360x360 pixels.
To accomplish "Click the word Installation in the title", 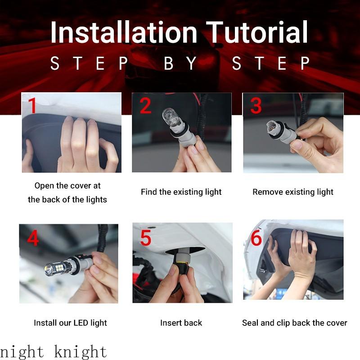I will tap(124, 32).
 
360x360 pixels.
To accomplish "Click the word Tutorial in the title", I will tap(257, 32).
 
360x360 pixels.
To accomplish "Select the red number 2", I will tap(145, 106).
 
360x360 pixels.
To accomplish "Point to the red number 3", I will tap(256, 106).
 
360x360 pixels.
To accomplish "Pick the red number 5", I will tap(145, 238).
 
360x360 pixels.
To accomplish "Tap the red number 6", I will tap(256, 238).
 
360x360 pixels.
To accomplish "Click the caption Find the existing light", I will tap(181, 192).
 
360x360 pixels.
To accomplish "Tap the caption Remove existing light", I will tap(293, 192).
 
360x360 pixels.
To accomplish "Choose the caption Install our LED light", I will tap(70, 323).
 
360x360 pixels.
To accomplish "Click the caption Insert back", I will tap(181, 323).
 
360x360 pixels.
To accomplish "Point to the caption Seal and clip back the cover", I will tap(294, 323).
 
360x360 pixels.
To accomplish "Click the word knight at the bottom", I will tap(81, 351).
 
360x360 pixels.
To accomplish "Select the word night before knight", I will tap(22, 351).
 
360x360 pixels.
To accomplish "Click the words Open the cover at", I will tap(67, 185).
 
